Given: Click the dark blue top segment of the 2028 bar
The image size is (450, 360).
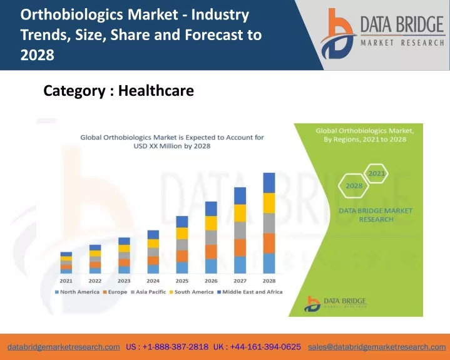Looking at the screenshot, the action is click(269, 183).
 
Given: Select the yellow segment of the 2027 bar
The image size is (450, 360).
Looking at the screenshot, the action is click(240, 213).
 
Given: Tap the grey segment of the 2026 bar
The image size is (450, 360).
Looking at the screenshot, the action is click(211, 237).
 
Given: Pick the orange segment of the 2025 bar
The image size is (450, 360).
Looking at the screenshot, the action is click(182, 256).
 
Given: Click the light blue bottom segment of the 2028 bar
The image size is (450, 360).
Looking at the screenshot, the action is click(269, 263).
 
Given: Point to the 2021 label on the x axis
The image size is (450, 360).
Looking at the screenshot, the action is click(66, 280).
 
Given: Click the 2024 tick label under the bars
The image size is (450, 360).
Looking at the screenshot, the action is click(153, 280).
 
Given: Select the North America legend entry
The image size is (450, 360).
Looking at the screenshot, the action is click(77, 292).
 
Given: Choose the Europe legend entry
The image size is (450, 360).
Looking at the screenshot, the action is click(115, 292).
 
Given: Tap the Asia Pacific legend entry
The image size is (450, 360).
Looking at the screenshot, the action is click(148, 292).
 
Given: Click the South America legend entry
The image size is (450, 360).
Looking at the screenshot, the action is click(192, 292).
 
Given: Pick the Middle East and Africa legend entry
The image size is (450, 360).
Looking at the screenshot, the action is click(250, 292).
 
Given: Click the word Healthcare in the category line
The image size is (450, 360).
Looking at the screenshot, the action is click(156, 91).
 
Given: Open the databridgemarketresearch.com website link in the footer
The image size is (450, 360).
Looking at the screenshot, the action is click(64, 347).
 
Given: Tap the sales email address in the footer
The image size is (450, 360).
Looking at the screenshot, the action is click(377, 347).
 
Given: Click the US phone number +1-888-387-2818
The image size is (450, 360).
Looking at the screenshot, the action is click(167, 347).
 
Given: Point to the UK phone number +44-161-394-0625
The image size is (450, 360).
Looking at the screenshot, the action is click(257, 347).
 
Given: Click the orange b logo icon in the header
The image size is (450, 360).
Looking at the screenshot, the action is click(338, 34).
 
